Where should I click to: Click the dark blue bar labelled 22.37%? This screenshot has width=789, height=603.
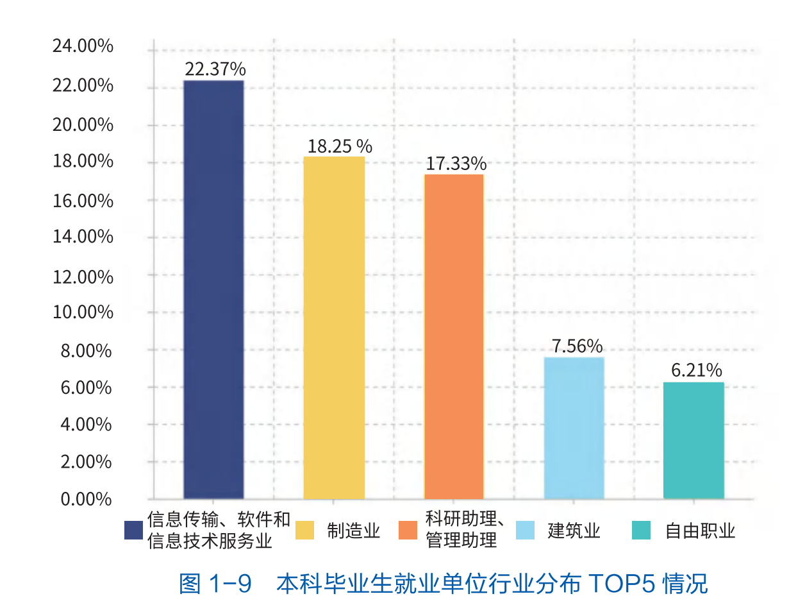tap(213, 289)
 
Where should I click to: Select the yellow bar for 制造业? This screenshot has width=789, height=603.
tap(334, 327)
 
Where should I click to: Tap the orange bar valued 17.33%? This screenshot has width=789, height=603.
tap(454, 336)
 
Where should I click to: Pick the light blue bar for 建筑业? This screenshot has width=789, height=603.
tap(574, 427)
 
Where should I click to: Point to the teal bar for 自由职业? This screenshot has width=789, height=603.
tap(693, 440)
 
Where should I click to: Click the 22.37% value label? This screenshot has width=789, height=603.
tap(215, 69)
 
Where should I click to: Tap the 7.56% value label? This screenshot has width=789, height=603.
tap(577, 346)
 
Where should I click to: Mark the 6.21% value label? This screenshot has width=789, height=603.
tap(696, 371)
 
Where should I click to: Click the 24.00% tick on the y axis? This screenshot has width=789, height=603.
tap(84, 47)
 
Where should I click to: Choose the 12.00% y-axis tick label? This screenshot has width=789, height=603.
tap(84, 276)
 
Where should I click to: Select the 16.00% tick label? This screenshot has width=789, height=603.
tap(84, 201)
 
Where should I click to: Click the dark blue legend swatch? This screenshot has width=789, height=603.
tap(133, 531)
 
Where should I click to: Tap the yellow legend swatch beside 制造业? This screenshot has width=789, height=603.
tap(305, 531)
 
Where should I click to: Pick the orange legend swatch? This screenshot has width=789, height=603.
tap(408, 531)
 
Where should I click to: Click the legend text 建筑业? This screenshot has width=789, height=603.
tap(574, 531)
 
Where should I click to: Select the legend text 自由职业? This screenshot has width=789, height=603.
tap(700, 531)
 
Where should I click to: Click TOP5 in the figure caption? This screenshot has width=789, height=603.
tap(612, 583)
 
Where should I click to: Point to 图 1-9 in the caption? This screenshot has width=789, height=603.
tap(215, 583)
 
